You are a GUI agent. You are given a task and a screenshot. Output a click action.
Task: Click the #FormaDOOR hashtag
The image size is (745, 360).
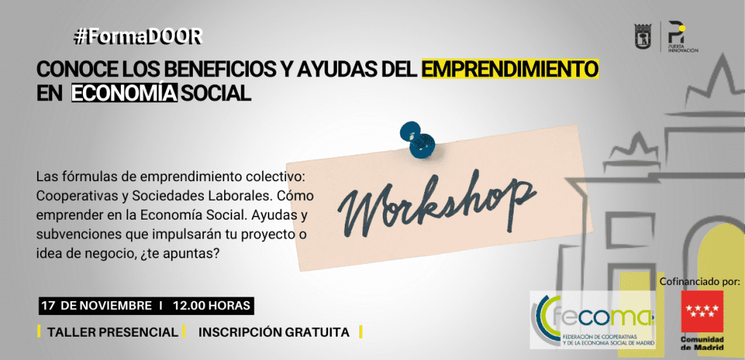[x=138, y=37]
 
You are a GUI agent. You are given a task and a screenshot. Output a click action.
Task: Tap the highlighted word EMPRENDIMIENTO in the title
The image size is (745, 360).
[x=510, y=69]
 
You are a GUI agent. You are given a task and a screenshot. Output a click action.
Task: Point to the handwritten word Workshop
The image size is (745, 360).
[x=437, y=204]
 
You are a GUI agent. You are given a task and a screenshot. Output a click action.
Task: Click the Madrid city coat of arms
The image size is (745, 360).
[x=643, y=36]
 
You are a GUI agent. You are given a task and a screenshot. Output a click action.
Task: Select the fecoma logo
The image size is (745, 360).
[x=593, y=319]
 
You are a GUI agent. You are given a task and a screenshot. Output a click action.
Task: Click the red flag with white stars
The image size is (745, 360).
[x=702, y=311]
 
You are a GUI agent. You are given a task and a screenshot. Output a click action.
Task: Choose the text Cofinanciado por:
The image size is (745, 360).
[x=699, y=281]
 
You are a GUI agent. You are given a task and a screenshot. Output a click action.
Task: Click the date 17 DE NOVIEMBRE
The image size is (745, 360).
[x=97, y=306]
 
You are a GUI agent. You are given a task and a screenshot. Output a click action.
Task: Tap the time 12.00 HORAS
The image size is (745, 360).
[x=212, y=306]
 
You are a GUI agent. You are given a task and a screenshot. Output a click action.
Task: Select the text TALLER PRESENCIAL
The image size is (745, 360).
[x=112, y=332]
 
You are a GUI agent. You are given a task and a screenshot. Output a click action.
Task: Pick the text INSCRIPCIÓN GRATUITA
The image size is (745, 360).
[x=274, y=332]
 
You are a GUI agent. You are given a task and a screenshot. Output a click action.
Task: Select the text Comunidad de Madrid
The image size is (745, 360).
[x=702, y=343]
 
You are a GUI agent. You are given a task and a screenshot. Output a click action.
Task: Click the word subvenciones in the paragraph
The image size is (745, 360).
[x=77, y=235]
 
